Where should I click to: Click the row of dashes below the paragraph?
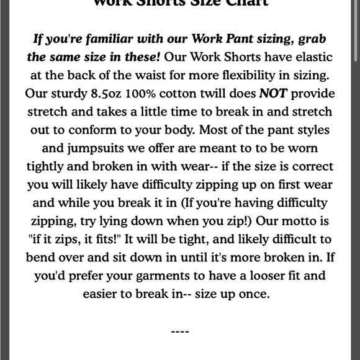click(179, 332)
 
